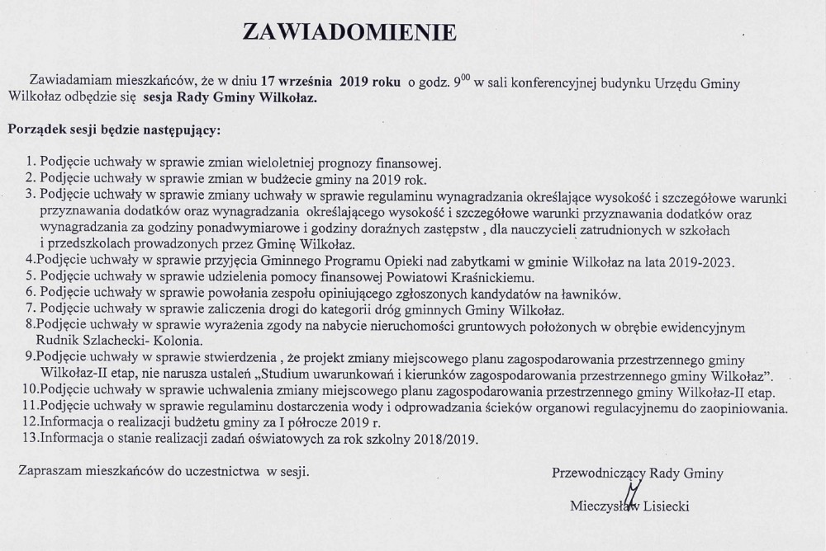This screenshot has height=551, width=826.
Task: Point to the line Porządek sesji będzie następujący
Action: coord(113,130)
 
